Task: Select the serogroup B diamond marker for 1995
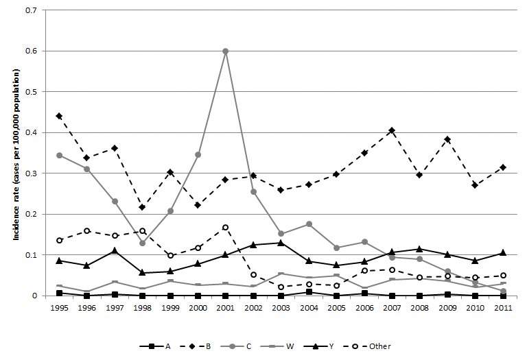coord(59,116)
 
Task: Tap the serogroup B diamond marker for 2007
coord(391,130)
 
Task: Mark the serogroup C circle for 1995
coord(59,155)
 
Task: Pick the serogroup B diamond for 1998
coord(142,207)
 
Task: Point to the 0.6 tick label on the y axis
coord(30,51)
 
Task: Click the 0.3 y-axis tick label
coord(30,173)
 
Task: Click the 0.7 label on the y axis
coord(30,11)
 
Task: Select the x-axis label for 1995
coord(59,309)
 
